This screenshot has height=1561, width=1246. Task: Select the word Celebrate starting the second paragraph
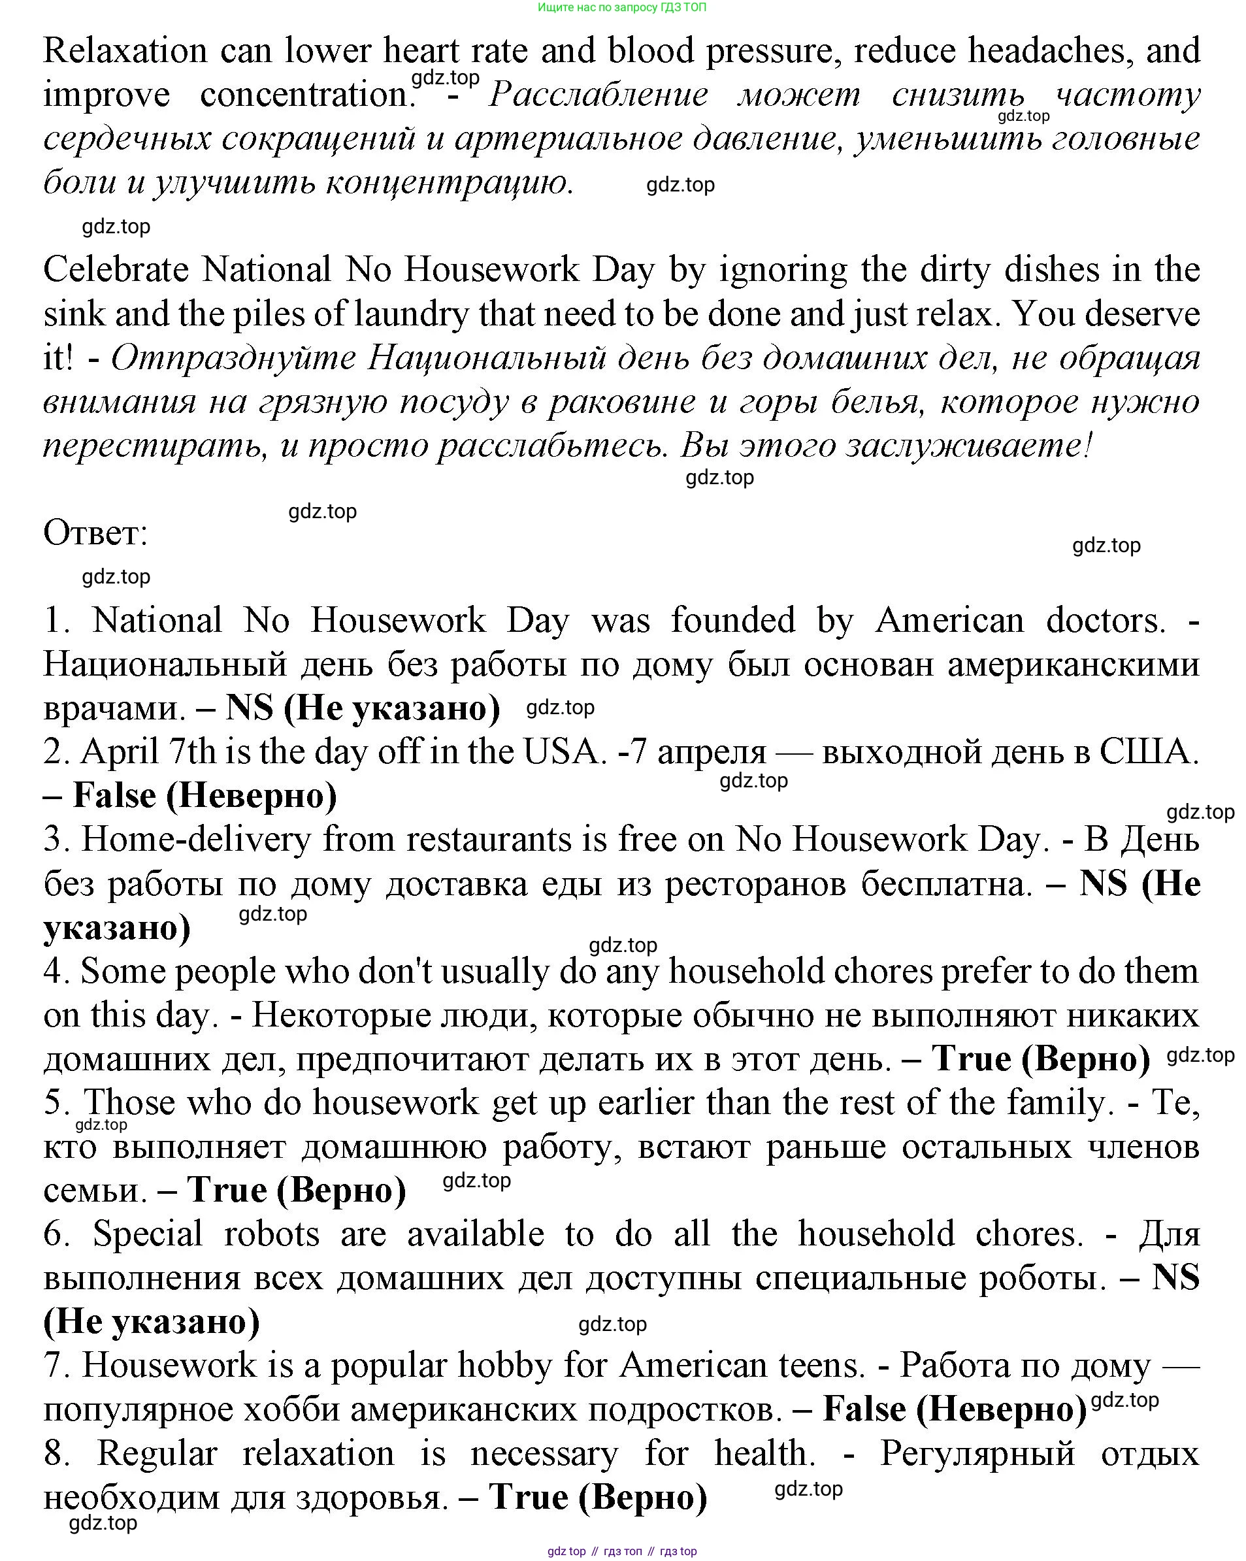pyautogui.click(x=115, y=270)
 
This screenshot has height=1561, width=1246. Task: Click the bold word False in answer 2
pyautogui.click(x=114, y=796)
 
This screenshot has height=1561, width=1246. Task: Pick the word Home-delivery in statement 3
pyautogui.click(x=195, y=840)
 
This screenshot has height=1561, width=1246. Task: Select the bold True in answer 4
pyautogui.click(x=971, y=1059)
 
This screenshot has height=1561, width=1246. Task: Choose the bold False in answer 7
pyautogui.click(x=864, y=1409)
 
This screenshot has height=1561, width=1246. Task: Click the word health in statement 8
pyautogui.click(x=764, y=1454)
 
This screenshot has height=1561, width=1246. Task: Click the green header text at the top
pyautogui.click(x=622, y=7)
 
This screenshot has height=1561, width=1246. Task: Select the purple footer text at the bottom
pyautogui.click(x=622, y=1551)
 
